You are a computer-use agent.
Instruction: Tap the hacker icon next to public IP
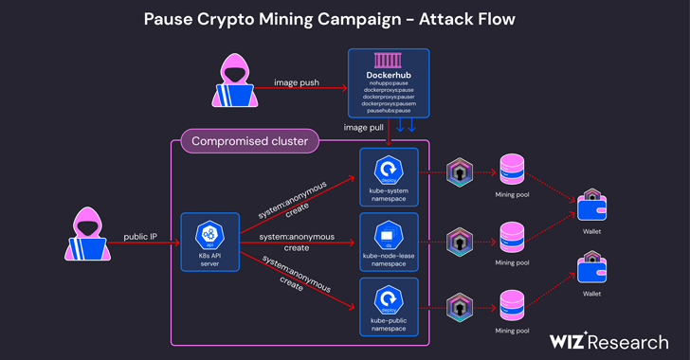coord(86,236)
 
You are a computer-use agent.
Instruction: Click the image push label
coord(297,82)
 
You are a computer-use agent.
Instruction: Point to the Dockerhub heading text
coord(389,75)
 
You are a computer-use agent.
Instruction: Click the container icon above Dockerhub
coord(389,61)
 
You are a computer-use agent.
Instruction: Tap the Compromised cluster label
coord(250,142)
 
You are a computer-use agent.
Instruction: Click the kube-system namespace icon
coord(389,169)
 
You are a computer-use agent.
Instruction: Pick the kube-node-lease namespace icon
coord(389,234)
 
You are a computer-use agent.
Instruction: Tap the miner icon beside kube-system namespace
coord(460,172)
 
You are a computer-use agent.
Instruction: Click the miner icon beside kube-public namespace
coord(460,305)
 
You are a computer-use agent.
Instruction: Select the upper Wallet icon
coord(591,205)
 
